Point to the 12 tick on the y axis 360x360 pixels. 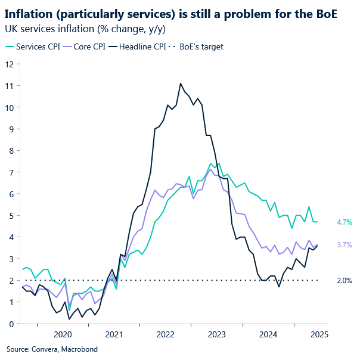(x=10, y=64)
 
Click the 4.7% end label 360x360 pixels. (x=345, y=222)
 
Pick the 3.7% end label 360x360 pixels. (x=345, y=244)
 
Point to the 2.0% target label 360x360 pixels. (x=345, y=280)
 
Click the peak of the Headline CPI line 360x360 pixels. (x=180, y=83)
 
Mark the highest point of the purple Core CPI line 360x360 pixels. (x=210, y=169)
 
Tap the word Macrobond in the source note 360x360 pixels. (x=77, y=349)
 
